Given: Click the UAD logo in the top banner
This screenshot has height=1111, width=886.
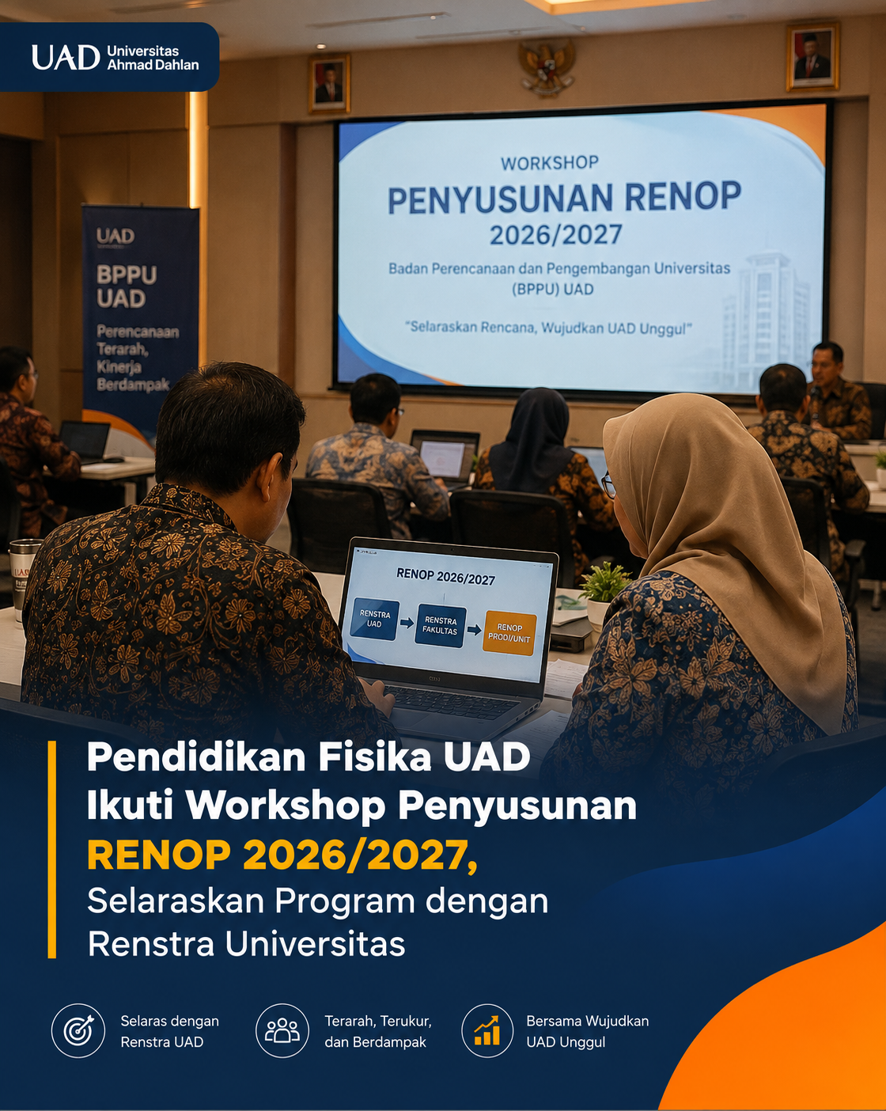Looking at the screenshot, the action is click(x=66, y=57).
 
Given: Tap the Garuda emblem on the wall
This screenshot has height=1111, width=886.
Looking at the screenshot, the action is click(x=547, y=67).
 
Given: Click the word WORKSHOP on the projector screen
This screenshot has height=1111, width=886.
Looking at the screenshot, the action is click(x=549, y=163).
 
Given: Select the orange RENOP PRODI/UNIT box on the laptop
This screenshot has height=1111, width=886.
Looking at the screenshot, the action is click(x=509, y=632).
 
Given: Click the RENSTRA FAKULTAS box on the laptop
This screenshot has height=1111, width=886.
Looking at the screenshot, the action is click(x=441, y=625).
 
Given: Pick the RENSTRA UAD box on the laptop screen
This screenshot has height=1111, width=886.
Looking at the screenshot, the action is click(x=374, y=619).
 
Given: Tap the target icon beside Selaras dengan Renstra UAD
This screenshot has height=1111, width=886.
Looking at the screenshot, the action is click(x=78, y=1030).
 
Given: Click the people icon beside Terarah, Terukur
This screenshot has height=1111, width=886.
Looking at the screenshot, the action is click(x=282, y=1030).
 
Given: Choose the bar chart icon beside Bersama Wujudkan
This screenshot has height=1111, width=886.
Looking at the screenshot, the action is click(x=487, y=1030).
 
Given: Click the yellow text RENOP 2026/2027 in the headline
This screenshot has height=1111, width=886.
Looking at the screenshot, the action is click(x=282, y=856).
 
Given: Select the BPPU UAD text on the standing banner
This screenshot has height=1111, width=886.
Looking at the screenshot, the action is click(x=127, y=287).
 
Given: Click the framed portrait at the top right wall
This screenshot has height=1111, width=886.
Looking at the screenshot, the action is click(x=812, y=57).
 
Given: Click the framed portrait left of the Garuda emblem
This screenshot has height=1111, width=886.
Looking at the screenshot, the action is click(x=329, y=84).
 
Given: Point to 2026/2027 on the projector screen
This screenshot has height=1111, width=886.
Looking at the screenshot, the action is click(x=556, y=235).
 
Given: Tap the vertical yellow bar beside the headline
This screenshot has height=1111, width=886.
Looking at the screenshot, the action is click(x=51, y=850).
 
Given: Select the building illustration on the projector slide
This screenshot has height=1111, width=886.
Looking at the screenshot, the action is click(x=767, y=317).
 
